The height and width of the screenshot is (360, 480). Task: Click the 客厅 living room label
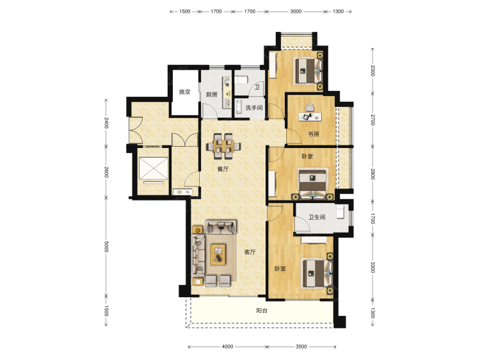click(x=250, y=252)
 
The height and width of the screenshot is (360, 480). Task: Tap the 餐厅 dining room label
click(x=223, y=169)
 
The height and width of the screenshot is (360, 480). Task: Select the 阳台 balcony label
click(x=262, y=311)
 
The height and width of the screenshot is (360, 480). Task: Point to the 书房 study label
click(x=313, y=134)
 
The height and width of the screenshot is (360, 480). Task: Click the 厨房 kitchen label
click(x=212, y=94)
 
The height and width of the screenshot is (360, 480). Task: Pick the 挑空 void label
click(x=184, y=92)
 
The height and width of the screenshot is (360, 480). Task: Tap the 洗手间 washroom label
click(x=254, y=108)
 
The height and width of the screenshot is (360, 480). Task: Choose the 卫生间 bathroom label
click(x=317, y=217)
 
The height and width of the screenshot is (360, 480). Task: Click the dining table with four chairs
click(x=223, y=146)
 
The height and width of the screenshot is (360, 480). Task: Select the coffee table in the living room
click(x=218, y=254)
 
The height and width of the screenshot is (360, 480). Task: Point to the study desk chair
click(x=310, y=108)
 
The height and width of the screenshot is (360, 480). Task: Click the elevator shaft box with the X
click(x=154, y=168)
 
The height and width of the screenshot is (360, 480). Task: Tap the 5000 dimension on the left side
click(x=106, y=247)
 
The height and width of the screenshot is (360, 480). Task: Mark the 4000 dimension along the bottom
click(x=227, y=347)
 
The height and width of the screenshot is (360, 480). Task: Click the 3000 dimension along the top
click(x=296, y=12)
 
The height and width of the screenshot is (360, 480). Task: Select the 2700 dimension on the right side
click(x=372, y=120)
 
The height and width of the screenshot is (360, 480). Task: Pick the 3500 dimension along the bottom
click(x=301, y=347)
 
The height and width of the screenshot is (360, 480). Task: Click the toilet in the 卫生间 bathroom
click(x=340, y=212)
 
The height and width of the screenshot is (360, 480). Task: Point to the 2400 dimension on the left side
click(x=106, y=122)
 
